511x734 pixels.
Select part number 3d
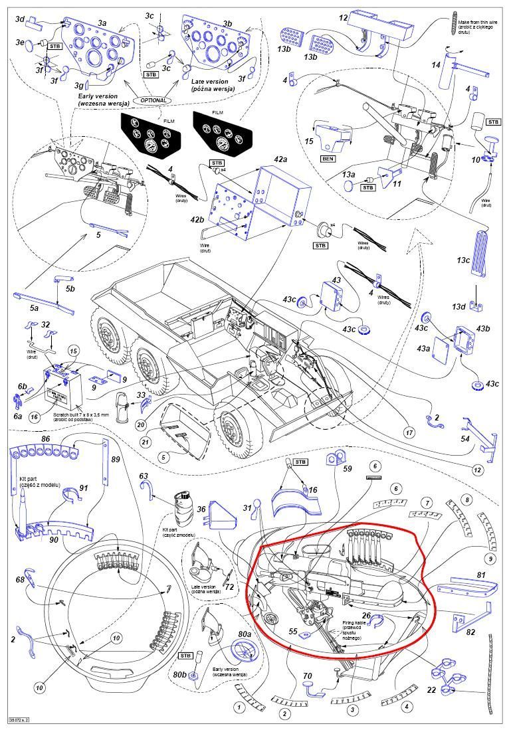pyautogui.click(x=20, y=19)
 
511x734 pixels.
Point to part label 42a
pyautogui.click(x=280, y=159)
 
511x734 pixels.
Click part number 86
pyautogui.click(x=45, y=440)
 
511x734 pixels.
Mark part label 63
pyautogui.click(x=144, y=476)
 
